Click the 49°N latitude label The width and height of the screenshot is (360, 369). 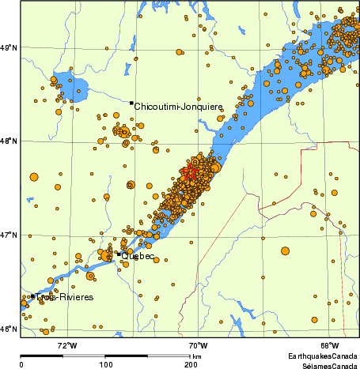tap(9, 48)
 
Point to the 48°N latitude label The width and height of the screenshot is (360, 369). tap(9, 141)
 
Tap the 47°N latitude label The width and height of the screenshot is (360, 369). tap(9, 235)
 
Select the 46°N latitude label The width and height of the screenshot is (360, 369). tap(9, 329)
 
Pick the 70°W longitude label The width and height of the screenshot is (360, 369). tap(198, 345)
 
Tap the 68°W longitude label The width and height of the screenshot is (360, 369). tap(329, 345)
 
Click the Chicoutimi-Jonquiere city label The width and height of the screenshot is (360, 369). tap(178, 106)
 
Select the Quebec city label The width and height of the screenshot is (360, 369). tap(138, 256)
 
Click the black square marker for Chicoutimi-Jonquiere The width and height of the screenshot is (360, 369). tap(131, 103)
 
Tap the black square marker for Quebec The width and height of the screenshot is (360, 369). tap(118, 254)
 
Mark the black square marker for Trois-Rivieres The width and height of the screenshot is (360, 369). tap(32, 296)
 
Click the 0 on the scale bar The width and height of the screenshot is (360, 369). tap(21, 364)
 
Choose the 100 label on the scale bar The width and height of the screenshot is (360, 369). tap(105, 364)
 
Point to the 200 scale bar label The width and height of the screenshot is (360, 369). tap(191, 364)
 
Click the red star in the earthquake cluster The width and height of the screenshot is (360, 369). tap(190, 173)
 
